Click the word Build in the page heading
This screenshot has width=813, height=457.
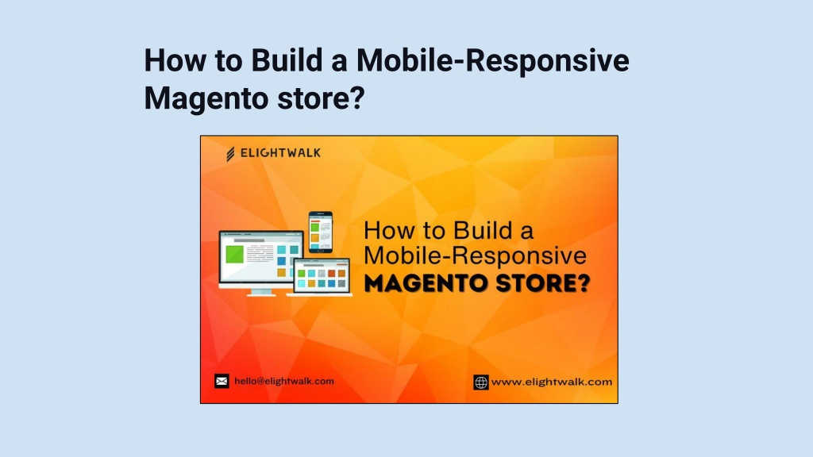(287, 60)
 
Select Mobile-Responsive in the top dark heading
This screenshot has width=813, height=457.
(492, 61)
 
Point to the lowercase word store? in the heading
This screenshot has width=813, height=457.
(321, 98)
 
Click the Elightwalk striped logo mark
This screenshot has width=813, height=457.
(230, 154)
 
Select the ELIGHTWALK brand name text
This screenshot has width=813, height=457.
(280, 153)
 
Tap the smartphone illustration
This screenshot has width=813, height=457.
(321, 232)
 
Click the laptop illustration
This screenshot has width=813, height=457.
(322, 278)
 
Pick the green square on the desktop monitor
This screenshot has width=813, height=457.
(234, 254)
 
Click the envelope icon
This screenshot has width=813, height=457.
(222, 382)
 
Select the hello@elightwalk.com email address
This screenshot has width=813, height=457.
(284, 382)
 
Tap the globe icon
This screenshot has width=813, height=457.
(481, 382)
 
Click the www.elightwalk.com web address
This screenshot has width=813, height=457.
(552, 382)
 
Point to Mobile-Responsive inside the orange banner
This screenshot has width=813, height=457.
(476, 256)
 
